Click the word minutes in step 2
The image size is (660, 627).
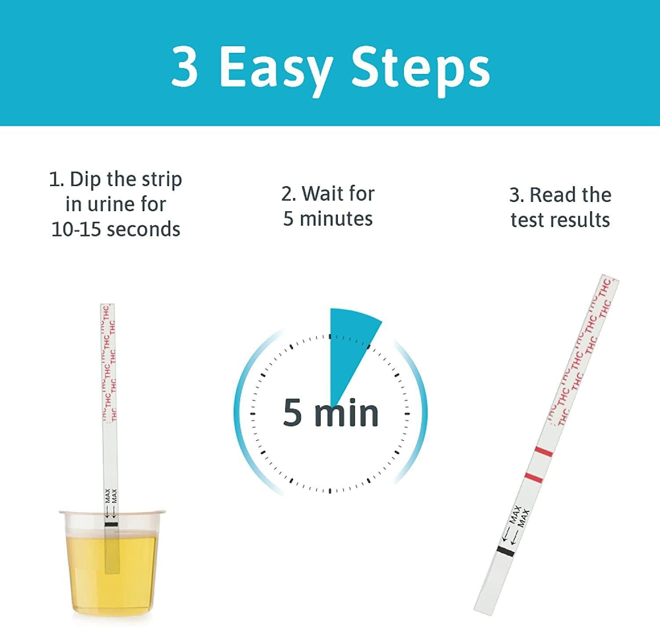coord(336,219)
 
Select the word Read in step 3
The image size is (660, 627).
coord(549,195)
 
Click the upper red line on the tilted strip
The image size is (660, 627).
coord(544,452)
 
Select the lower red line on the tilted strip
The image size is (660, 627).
coord(534,477)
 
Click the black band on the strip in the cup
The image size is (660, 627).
coord(111,524)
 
